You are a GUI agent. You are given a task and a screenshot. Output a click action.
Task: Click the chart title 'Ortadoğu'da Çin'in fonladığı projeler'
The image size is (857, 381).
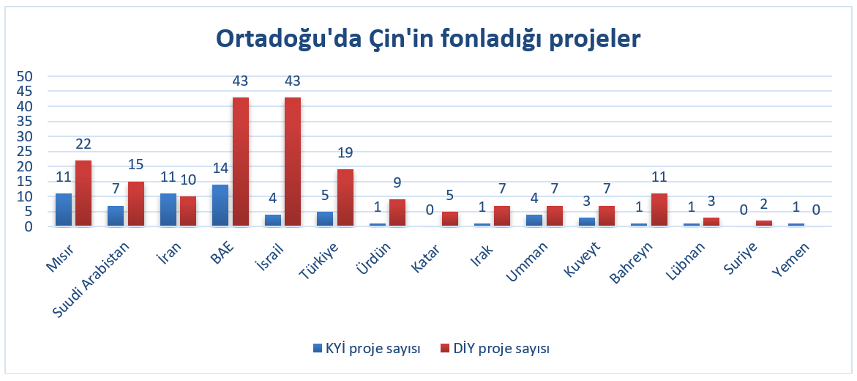pyautogui.click(x=428, y=38)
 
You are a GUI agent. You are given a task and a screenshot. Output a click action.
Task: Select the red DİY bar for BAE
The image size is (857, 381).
pyautogui.click(x=241, y=162)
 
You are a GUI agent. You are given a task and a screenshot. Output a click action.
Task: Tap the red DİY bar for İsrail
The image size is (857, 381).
pyautogui.click(x=293, y=162)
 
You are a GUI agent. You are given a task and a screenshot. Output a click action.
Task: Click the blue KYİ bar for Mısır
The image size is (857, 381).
pyautogui.click(x=63, y=210)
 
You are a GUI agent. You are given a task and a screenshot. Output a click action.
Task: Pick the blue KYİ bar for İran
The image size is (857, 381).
pyautogui.click(x=168, y=210)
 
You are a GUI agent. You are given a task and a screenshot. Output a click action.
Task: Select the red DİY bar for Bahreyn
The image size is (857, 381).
pyautogui.click(x=659, y=210)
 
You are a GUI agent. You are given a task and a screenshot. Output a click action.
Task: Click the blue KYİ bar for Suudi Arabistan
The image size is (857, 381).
pyautogui.click(x=115, y=216)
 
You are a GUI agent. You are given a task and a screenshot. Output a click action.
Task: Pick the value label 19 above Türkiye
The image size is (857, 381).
pyautogui.click(x=345, y=153)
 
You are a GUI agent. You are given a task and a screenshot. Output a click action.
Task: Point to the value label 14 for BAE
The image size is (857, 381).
pyautogui.click(x=220, y=169)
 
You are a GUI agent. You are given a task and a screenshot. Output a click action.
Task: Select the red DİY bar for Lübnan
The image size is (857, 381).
pyautogui.click(x=711, y=221)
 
